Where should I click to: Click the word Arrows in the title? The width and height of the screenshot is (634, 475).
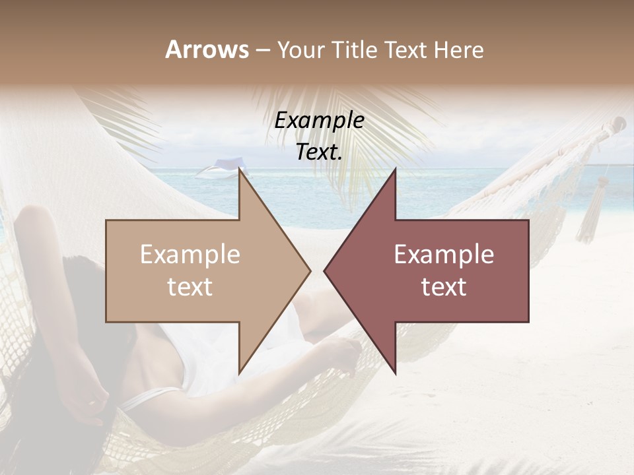coord(207,49)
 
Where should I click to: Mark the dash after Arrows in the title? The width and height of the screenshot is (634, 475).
coord(262,51)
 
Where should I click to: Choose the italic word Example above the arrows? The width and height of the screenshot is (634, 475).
coord(320,121)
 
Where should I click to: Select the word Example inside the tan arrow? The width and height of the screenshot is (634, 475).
coord(190,255)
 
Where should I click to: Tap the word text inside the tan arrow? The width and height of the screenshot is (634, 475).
coord(190,287)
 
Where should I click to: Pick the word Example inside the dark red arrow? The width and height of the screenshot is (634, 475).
coord(444,255)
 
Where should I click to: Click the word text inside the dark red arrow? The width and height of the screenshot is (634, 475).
coord(444,287)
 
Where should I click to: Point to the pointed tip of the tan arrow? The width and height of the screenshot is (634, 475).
coord(310,270)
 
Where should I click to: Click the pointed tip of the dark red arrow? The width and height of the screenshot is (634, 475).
coord(325,270)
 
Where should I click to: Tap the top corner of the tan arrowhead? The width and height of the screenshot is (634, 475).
coord(239,170)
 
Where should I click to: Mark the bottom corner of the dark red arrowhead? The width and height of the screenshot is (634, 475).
coord(395,372)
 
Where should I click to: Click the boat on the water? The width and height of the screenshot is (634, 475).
coord(219,170)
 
